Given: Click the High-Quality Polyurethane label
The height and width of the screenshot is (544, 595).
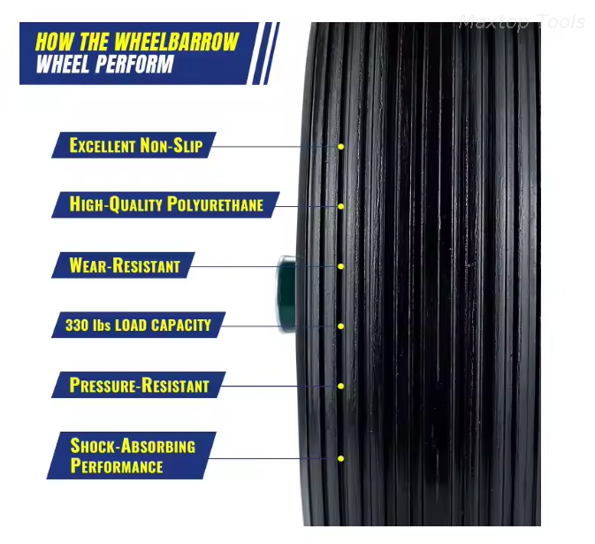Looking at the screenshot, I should coord(165,204).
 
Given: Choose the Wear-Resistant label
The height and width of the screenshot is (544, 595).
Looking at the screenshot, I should coord(124,264).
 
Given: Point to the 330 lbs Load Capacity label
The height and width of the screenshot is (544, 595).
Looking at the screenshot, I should coord(138,325).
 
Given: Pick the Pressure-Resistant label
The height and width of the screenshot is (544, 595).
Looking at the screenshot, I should coord(139,385).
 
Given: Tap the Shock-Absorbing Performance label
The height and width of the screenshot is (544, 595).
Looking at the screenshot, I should coord(133,455).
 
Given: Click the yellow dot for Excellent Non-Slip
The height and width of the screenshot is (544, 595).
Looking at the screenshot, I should coord(340,146).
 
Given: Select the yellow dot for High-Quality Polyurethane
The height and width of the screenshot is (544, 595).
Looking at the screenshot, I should coord(340,206).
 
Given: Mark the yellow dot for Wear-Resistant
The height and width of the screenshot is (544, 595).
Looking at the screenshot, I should coord(340,265).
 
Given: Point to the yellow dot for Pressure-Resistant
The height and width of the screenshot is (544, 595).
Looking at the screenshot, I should coord(340,386).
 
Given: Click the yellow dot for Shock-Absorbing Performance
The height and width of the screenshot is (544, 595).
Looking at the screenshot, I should coord(340,458).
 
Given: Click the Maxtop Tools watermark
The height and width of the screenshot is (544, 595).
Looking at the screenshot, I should coord(521,22).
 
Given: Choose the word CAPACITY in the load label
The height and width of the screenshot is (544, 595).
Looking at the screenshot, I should coord(180,325).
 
